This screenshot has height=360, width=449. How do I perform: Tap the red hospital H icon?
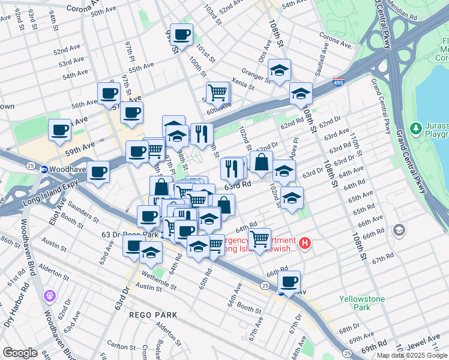pos(305,243)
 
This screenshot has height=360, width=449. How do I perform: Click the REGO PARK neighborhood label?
pos(152,314)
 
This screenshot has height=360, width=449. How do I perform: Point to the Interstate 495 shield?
pos(339,83)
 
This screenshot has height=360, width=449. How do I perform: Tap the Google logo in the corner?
pos(20,353)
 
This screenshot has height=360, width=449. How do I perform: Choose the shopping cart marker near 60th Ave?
pos(217,92)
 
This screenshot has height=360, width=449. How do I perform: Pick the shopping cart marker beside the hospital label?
pos(259,239)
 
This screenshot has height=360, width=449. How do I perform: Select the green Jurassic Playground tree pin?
pos(415,128)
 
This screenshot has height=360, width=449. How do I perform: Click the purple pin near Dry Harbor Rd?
pos(49,296)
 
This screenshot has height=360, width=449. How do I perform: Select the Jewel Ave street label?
pos(426,343)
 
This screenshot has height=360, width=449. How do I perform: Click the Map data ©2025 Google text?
pos(412,355)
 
